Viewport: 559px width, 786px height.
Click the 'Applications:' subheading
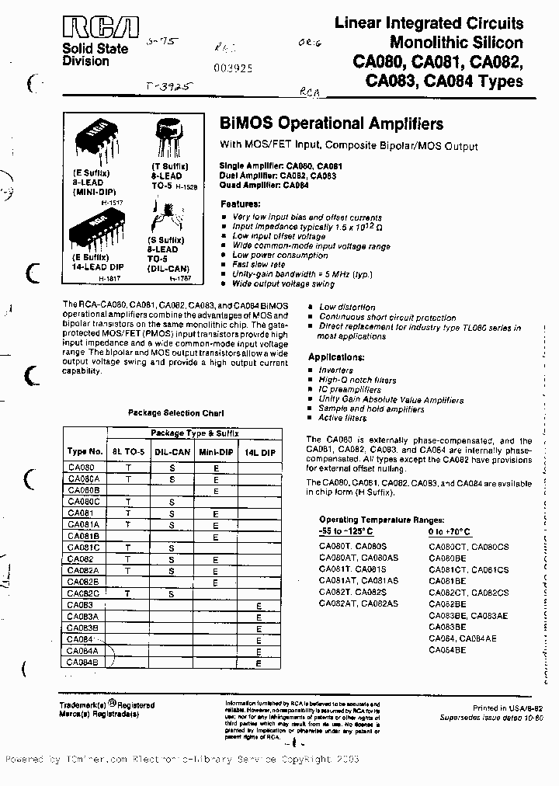(336, 357)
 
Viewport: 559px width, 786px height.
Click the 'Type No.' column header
(85, 451)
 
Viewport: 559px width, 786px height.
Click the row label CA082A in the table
(82, 569)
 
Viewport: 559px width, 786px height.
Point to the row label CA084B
(82, 663)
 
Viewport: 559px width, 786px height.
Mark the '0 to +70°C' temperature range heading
(450, 531)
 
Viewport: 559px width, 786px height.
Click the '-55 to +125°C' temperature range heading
(345, 531)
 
